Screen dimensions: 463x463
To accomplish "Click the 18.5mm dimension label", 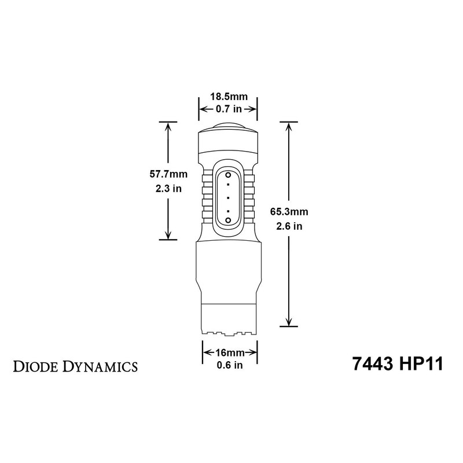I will point(228,97).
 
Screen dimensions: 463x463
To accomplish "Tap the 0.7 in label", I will point(228,109).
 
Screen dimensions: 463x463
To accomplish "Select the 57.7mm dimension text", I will point(167,173).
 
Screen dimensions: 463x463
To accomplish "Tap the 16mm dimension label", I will point(229,352).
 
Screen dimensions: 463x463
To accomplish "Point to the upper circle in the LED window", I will point(228,174).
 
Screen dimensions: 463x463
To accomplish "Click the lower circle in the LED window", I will point(228,221).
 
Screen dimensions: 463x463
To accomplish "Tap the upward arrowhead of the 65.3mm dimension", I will point(288,126).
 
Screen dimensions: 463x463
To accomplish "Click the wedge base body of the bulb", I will point(228,284).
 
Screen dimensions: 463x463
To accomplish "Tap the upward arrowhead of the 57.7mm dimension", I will point(168,126).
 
